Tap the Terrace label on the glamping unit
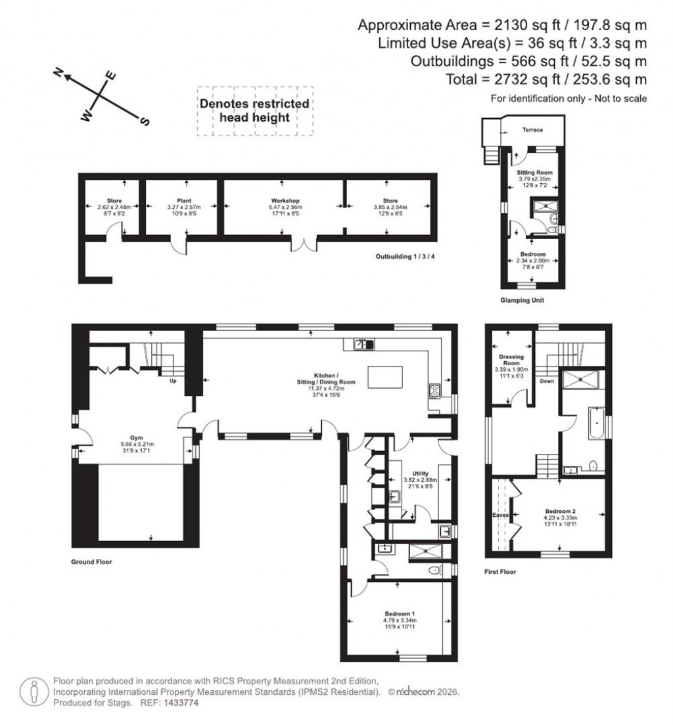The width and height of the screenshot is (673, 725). click(x=532, y=130)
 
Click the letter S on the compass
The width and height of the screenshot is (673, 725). click(x=145, y=121)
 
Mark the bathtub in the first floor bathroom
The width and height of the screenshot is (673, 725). click(x=594, y=424)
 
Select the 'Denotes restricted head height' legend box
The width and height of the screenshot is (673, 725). click(x=254, y=111)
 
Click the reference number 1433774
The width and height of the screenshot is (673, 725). click(x=179, y=703)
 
